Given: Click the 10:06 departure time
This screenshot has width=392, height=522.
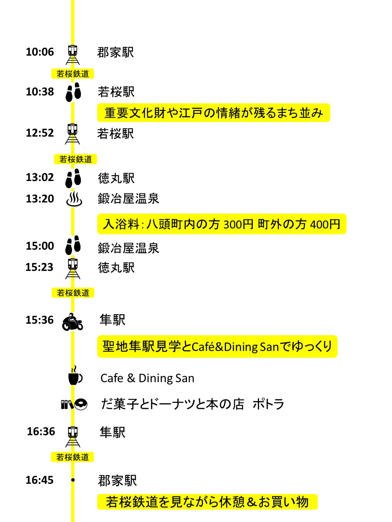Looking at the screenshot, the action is point(40,52).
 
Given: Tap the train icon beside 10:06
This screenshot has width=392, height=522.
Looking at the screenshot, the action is point(73,54).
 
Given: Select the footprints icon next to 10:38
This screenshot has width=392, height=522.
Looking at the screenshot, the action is point(73,92).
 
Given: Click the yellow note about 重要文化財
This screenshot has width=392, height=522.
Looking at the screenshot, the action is point(213,113).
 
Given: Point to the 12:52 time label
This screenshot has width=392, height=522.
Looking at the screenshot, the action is point(40,133).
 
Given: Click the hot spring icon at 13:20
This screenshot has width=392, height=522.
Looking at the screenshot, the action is point(74,198).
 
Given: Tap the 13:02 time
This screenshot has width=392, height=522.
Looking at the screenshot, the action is point(40,177).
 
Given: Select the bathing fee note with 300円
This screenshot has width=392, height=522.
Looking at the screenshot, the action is point(222,224).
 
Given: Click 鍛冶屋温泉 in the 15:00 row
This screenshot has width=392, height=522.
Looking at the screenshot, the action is point(128,248).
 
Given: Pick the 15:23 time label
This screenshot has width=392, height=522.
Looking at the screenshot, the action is point(39,267).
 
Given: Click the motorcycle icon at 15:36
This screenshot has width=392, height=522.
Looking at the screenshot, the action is point(72,322).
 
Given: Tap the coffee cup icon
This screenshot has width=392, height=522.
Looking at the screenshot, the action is point(75,376).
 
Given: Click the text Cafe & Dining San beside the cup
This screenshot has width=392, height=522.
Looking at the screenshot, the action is point(147,378).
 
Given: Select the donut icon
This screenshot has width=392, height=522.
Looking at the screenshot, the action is point(81,404).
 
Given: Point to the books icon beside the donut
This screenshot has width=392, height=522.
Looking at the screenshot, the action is point(67,404).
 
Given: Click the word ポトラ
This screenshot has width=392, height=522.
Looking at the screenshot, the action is point(268,404).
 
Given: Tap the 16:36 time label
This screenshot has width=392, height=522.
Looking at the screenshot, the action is point(41,432).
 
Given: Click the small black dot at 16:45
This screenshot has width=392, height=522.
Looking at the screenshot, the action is point(73,480).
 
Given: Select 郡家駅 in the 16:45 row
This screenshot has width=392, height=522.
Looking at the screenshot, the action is point(117,480).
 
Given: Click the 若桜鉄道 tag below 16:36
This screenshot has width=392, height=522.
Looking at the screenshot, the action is point(72,457).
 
